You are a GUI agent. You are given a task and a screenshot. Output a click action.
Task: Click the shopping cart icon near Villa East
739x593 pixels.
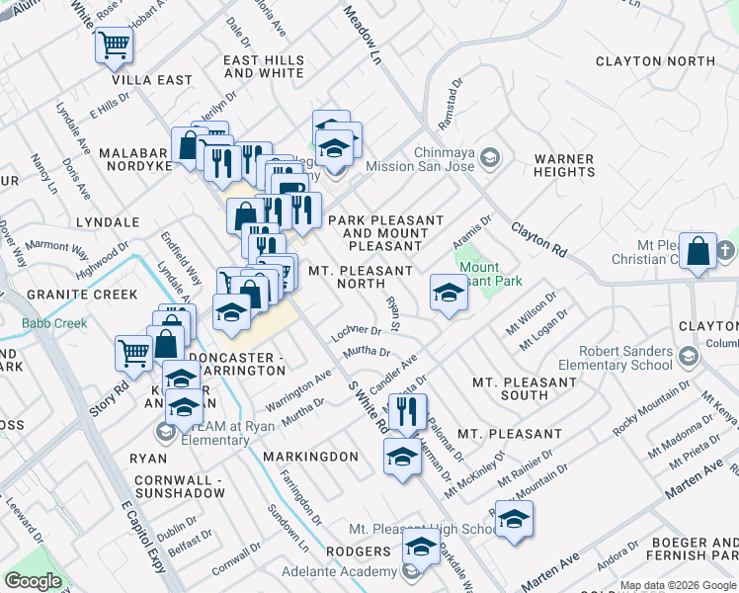pos(114,44)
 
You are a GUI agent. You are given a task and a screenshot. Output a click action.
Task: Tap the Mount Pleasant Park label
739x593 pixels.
pos(478,273)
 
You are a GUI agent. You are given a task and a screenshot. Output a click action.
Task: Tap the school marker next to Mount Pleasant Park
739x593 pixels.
pos(448,293)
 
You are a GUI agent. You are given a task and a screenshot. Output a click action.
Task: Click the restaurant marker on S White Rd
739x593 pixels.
pos(406,409)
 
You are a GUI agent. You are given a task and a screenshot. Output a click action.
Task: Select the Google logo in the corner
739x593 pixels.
pos(33,581)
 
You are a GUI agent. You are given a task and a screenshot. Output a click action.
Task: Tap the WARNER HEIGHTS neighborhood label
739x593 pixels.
pos(563,165)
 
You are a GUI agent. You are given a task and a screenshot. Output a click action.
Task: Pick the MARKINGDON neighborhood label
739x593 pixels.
pos(310,457)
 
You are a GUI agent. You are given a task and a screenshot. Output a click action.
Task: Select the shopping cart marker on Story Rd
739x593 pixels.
pos(132,352)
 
